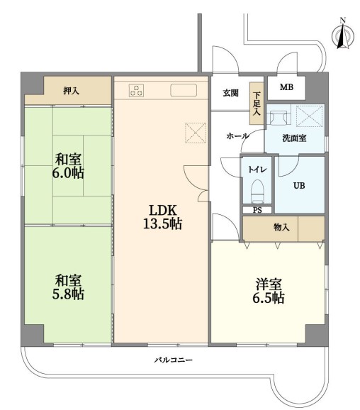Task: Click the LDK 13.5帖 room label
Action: [x=162, y=217]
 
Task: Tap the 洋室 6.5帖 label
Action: [x=269, y=292]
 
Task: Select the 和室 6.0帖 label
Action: [x=68, y=166]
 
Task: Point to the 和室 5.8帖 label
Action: [x=68, y=287]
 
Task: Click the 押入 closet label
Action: [x=71, y=91]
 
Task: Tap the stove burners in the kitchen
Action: [x=136, y=90]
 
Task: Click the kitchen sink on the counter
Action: [x=184, y=90]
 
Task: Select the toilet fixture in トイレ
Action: [x=257, y=191]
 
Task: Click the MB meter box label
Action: [x=286, y=87]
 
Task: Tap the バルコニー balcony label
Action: [x=173, y=360]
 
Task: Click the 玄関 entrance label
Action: [x=230, y=93]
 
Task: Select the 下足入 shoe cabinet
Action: [x=257, y=104]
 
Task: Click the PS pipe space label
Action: [x=257, y=210]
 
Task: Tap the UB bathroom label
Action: [x=299, y=186]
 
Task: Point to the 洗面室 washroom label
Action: [x=294, y=138]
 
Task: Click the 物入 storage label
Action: [x=281, y=228]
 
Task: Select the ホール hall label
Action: [x=237, y=136]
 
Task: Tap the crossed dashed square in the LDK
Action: [x=196, y=133]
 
